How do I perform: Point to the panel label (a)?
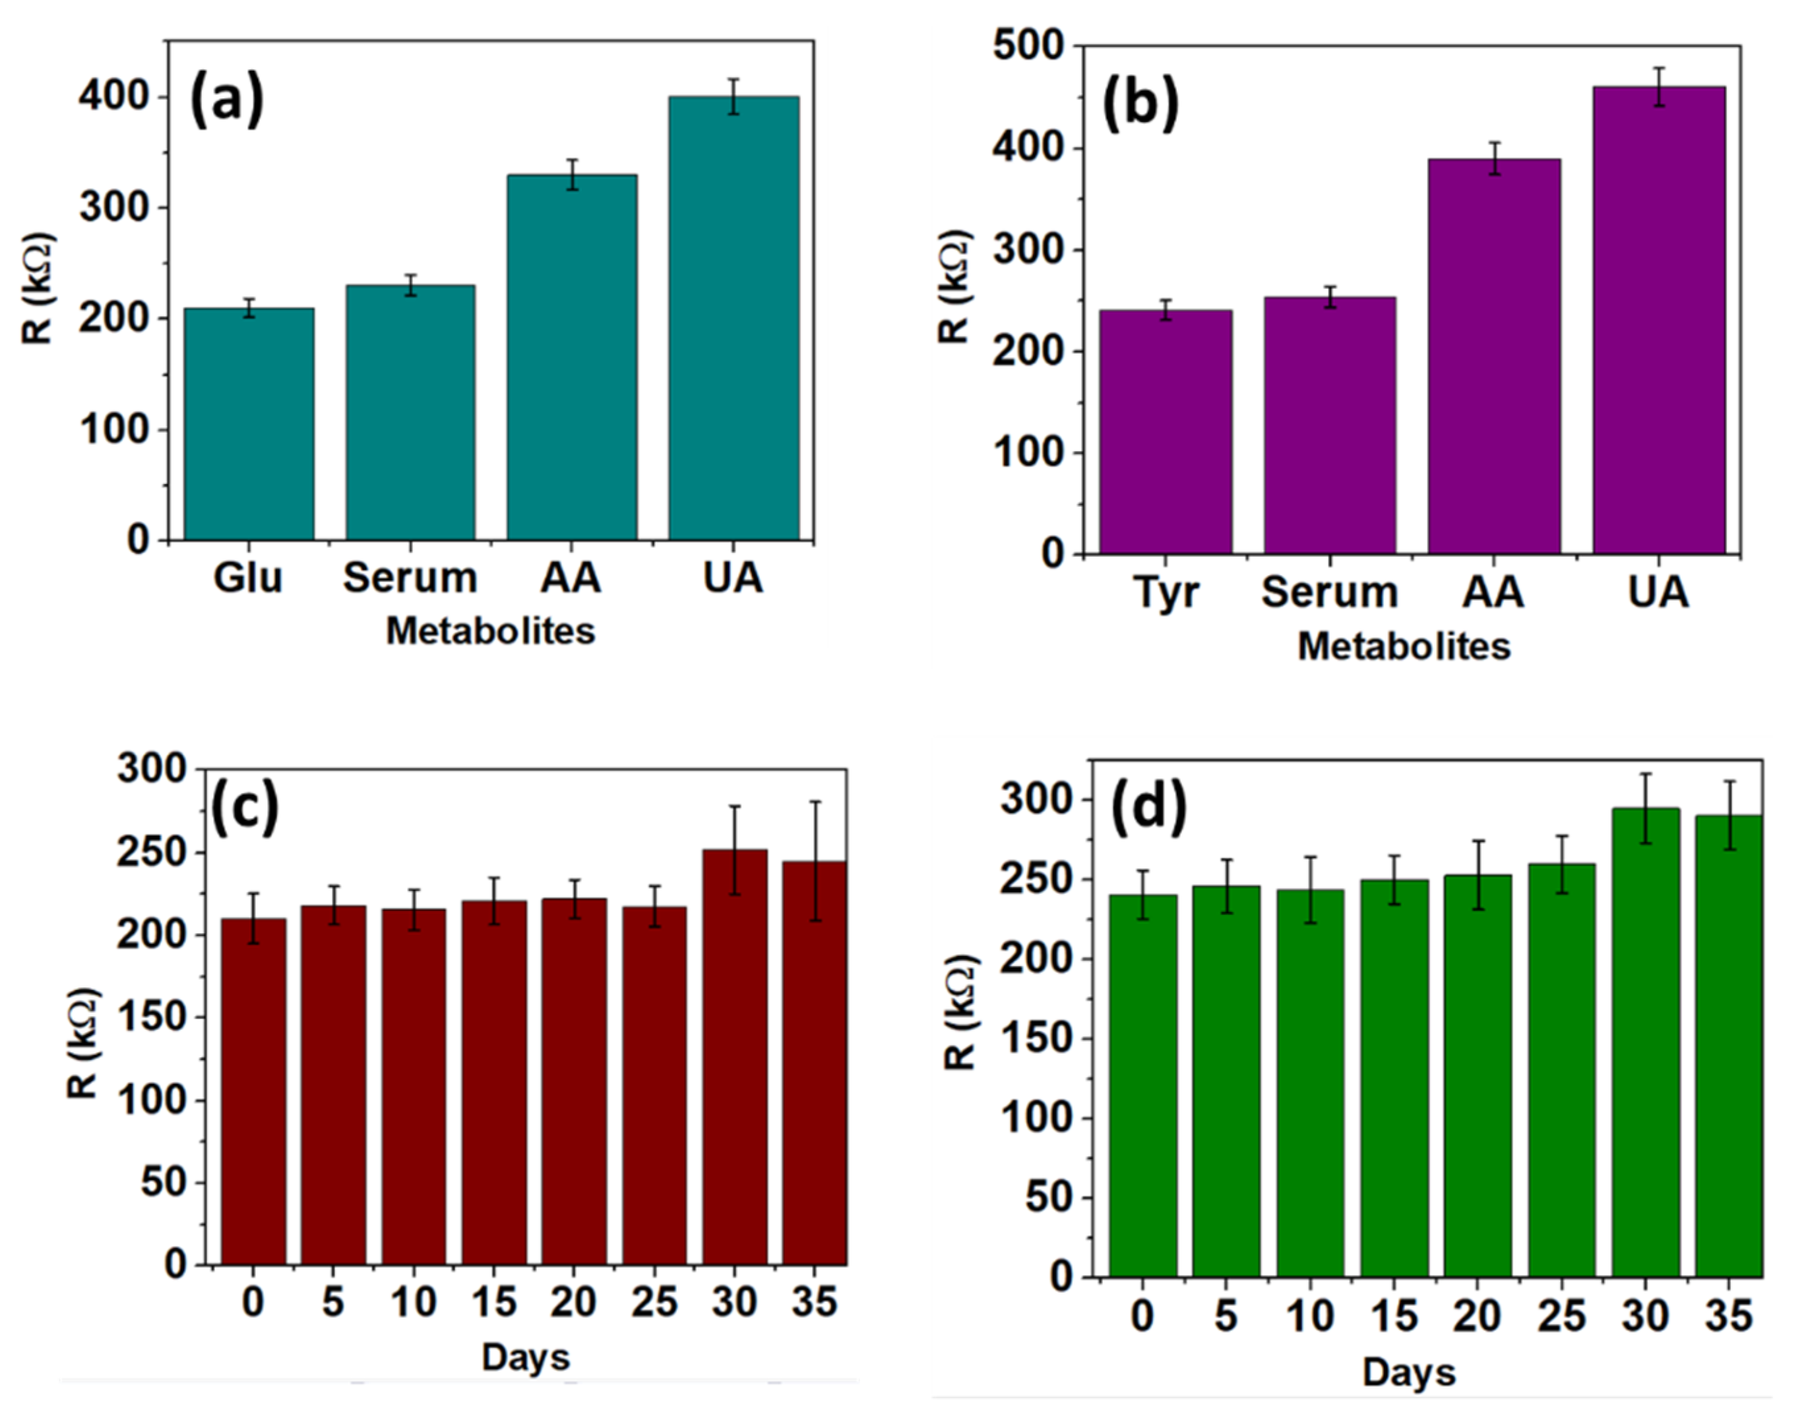pyautogui.click(x=227, y=98)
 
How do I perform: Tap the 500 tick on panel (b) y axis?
pyautogui.click(x=1028, y=46)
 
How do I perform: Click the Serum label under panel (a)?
pyautogui.click(x=410, y=578)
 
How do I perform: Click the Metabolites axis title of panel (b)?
pyautogui.click(x=1404, y=647)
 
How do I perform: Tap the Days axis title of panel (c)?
pyautogui.click(x=525, y=1357)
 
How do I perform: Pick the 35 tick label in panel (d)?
pyautogui.click(x=1729, y=1316)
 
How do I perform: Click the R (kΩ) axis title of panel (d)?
pyautogui.click(x=960, y=1013)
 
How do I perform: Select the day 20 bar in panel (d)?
pyautogui.click(x=1478, y=1076)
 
